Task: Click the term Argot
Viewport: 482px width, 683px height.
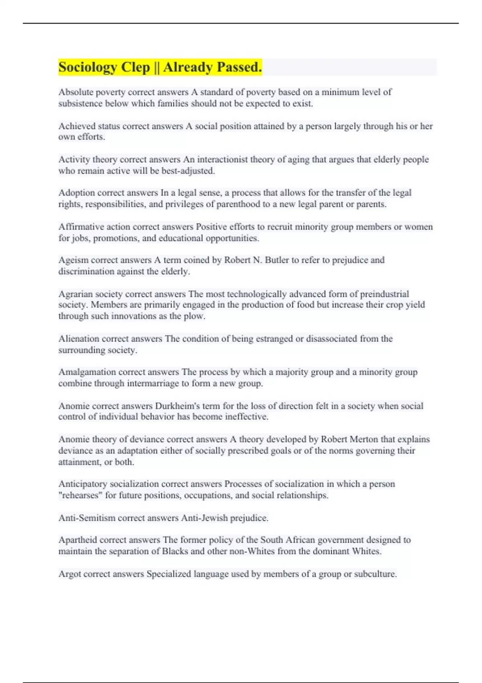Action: (69, 574)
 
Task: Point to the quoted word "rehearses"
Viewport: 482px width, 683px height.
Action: (80, 495)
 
